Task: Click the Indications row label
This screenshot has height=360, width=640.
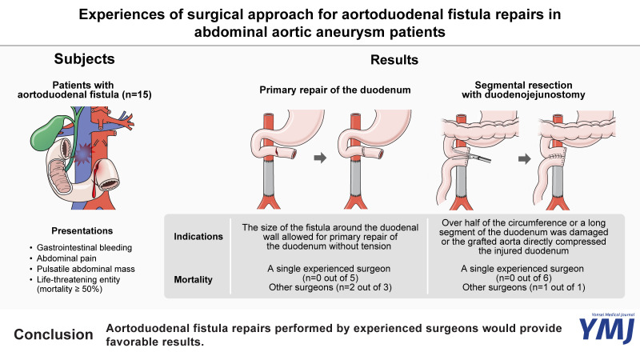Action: coord(199,237)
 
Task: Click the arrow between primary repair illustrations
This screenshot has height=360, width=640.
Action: coord(318,158)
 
